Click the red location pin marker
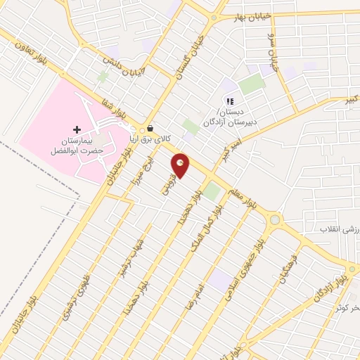181,165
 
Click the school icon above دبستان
230,102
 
